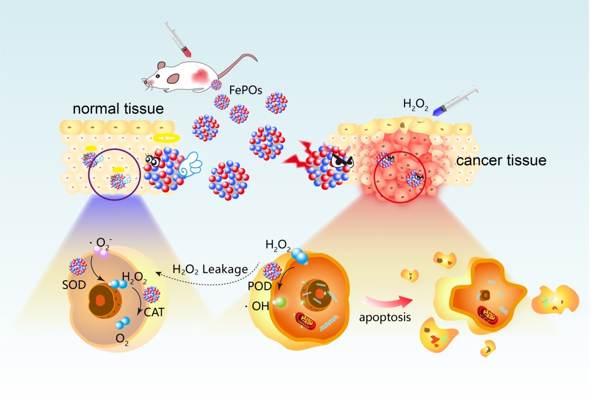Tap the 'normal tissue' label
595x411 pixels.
click(118, 109)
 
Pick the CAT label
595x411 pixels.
click(154, 312)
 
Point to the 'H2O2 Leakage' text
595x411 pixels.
click(211, 269)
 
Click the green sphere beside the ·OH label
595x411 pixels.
click(280, 302)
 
